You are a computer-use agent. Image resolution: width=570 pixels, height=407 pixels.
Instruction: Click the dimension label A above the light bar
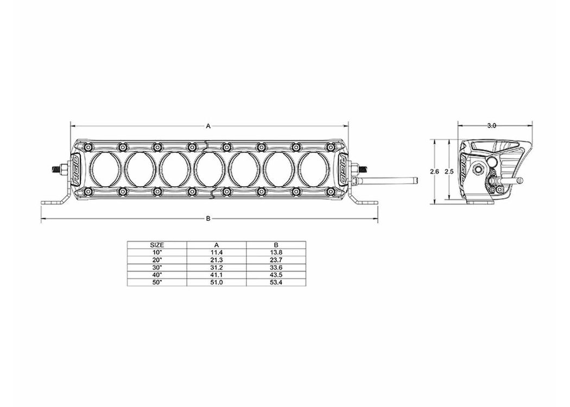[x=208, y=126]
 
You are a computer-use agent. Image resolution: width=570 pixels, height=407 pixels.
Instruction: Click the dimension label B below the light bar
[x=208, y=218]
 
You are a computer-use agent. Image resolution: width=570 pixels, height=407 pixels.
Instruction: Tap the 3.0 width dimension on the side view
[x=491, y=126]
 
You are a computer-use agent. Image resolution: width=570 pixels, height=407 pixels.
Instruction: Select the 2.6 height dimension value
[x=434, y=171]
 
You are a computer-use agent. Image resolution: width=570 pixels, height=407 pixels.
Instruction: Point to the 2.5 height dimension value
[x=449, y=171]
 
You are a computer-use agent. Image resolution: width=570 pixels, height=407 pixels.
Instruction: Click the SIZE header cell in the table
[x=157, y=245]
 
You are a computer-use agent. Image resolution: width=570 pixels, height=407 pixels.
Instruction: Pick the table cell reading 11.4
[x=217, y=252]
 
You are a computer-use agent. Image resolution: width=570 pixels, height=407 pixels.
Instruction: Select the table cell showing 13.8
[x=276, y=252]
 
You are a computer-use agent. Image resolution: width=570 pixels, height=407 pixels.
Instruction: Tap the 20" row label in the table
[x=157, y=260]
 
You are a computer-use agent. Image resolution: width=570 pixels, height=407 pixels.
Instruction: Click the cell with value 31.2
[x=217, y=268]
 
